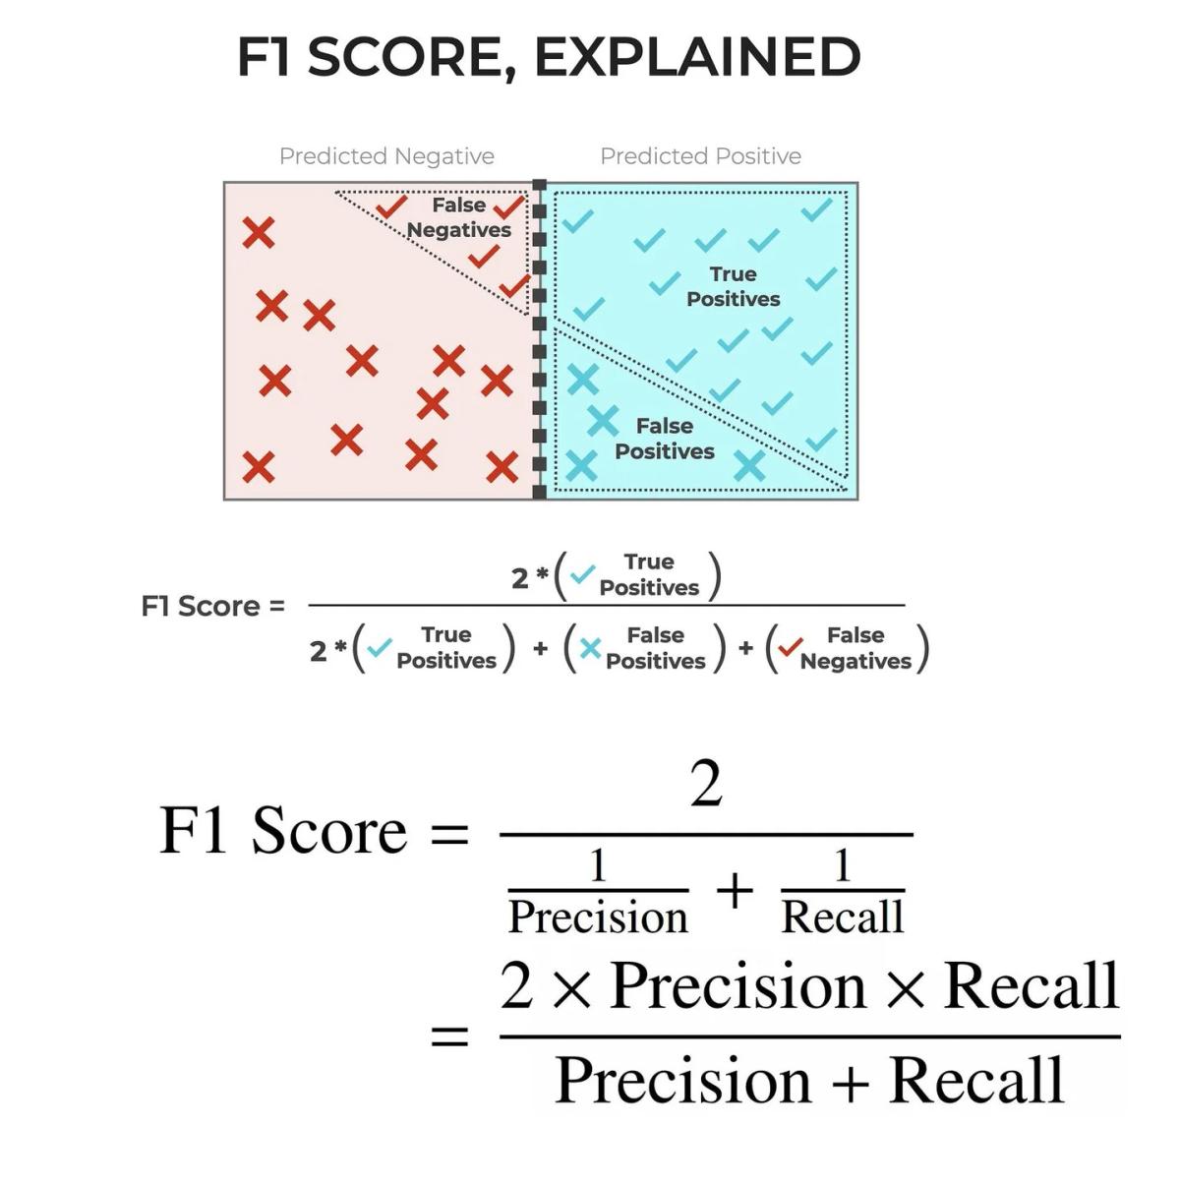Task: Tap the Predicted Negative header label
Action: click(386, 156)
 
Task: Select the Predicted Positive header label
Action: click(700, 156)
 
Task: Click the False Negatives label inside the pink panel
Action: click(459, 217)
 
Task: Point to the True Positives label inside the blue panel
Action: click(733, 286)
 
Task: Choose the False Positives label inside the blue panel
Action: click(664, 439)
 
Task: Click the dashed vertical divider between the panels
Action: click(539, 340)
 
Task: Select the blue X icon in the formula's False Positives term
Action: click(590, 649)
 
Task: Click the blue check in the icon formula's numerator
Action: click(582, 574)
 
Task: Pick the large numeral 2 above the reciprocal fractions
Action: click(706, 785)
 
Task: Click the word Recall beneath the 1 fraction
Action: click(842, 917)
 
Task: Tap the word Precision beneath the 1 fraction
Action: click(598, 917)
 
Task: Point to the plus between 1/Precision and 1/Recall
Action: click(735, 893)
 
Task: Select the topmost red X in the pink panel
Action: click(259, 233)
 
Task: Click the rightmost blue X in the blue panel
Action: click(749, 465)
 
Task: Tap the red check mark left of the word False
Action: click(391, 207)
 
